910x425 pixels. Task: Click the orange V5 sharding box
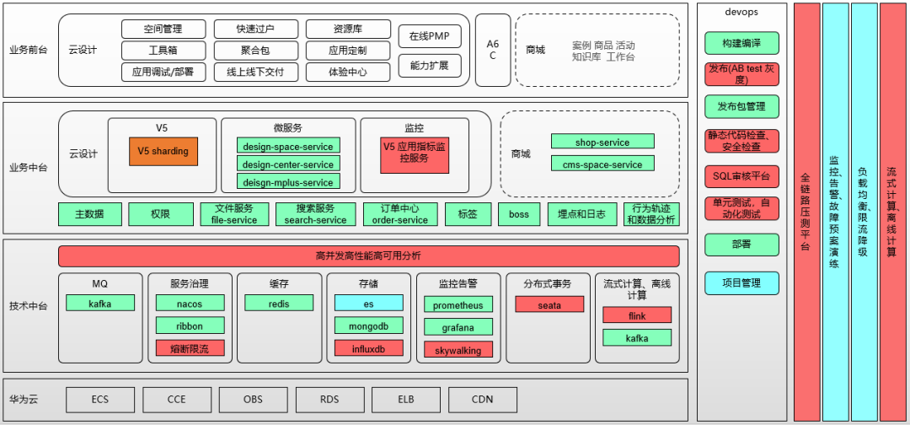pos(163,152)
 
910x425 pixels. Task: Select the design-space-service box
pos(288,145)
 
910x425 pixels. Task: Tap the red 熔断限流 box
pos(190,347)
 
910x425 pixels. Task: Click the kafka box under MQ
pos(100,303)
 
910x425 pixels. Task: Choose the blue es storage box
pos(368,303)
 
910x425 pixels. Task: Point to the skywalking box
pos(458,350)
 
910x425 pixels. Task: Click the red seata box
pos(549,304)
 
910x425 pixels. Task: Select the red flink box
pos(637,315)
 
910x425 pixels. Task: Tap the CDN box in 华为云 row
pos(482,400)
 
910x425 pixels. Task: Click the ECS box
pos(100,400)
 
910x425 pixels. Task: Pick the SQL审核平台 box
pos(741,176)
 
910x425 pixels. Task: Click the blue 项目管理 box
pos(741,282)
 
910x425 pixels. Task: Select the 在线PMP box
pos(430,36)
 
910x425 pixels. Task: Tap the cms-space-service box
pos(602,164)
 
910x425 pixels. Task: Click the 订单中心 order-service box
pos(400,214)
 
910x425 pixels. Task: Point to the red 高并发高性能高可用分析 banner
pos(368,256)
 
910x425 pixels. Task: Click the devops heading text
pos(741,12)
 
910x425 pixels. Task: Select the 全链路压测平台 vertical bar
pos(806,211)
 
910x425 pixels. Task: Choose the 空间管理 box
pos(163,30)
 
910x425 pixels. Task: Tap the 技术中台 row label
pos(29,305)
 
